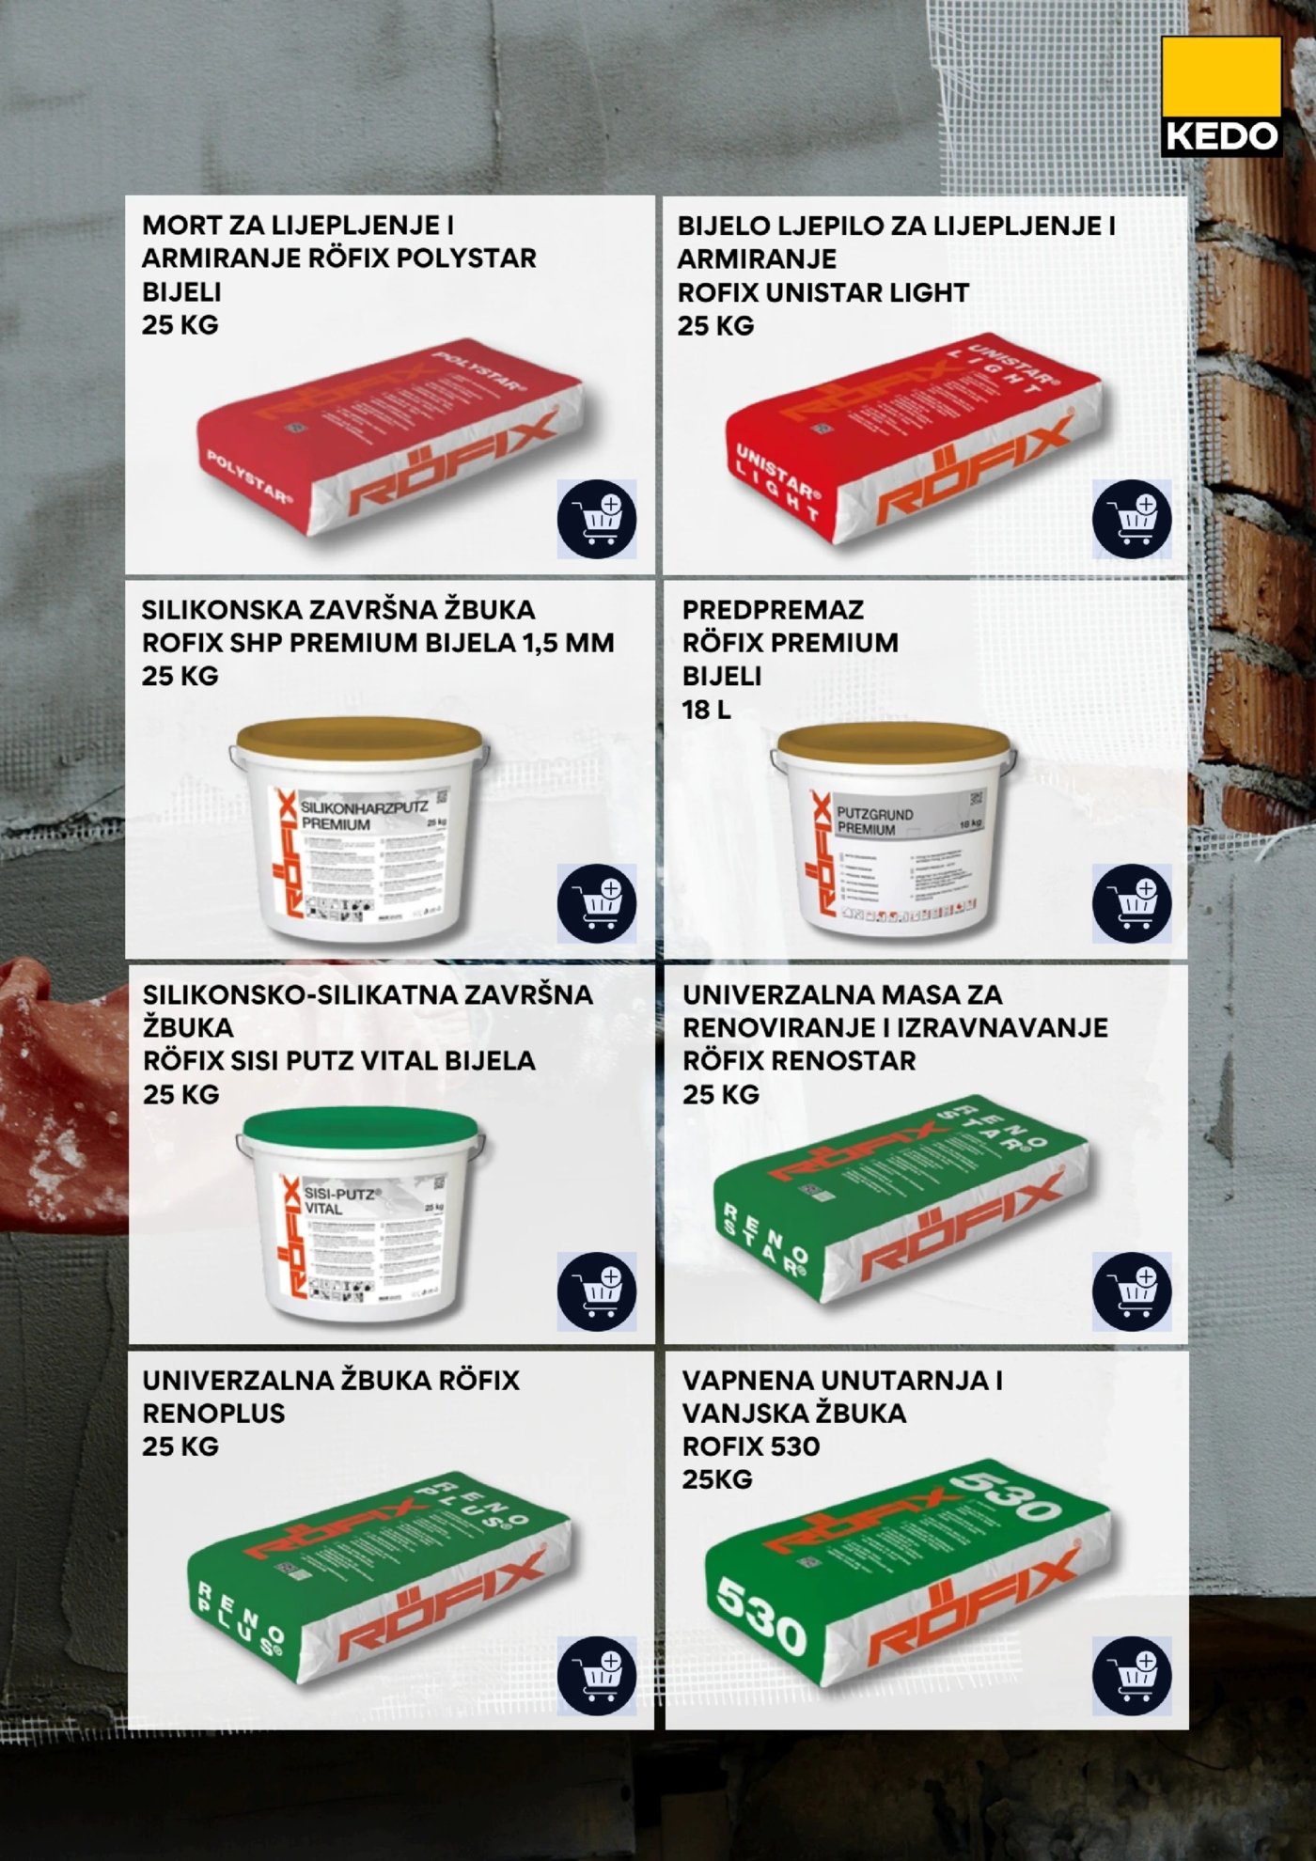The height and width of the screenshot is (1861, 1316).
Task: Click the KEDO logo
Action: tap(1221, 96)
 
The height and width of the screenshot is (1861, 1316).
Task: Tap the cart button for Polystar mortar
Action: tap(596, 519)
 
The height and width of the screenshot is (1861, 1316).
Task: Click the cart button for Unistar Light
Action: tap(1132, 519)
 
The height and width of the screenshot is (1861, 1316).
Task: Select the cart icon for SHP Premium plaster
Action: tap(596, 903)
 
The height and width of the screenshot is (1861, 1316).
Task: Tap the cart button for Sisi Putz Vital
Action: tap(596, 1290)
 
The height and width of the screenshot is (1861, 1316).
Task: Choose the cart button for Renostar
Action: tap(1132, 1290)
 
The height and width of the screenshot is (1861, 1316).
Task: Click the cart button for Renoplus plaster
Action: tap(596, 1675)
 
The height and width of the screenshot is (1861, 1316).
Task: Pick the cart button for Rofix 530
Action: tap(1132, 1675)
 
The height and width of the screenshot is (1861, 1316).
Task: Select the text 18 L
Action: tap(706, 710)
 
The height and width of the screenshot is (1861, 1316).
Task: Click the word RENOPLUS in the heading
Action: tap(213, 1414)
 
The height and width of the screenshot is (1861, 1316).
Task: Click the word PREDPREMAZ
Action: tap(773, 610)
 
